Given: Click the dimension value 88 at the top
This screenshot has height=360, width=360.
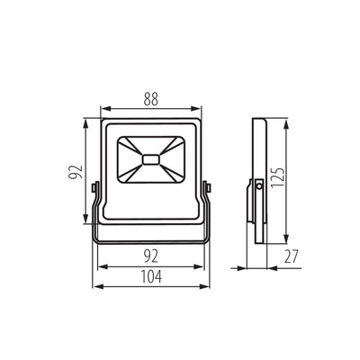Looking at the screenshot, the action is click(150, 99).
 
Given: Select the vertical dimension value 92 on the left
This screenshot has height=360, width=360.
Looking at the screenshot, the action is click(75, 172).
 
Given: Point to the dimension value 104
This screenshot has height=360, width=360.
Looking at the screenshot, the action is click(151, 276).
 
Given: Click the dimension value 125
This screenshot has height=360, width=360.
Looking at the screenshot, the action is click(277, 177).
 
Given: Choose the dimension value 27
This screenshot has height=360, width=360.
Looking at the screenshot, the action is click(292, 256).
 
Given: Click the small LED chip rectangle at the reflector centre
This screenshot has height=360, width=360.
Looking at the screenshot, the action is click(151, 159).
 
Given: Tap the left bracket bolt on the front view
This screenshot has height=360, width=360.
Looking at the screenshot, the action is click(94, 187).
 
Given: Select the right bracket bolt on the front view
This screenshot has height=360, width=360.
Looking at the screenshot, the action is click(208, 187).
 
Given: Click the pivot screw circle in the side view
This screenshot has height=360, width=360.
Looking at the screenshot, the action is click(258, 187).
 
